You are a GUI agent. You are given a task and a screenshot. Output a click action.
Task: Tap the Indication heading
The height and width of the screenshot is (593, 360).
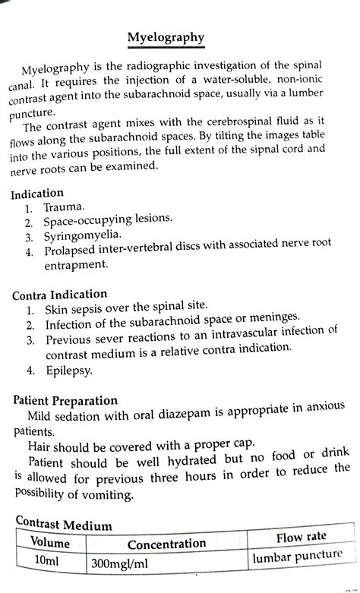pos(37,193)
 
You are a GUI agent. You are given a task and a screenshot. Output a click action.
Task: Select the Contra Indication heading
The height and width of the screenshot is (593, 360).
pos(60,294)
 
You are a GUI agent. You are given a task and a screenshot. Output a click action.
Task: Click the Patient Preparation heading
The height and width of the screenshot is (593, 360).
pos(66,400)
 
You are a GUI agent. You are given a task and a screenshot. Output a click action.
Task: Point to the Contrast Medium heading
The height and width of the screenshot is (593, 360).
pos(65,525)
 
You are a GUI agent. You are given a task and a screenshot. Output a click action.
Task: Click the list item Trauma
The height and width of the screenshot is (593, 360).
pos(65,207)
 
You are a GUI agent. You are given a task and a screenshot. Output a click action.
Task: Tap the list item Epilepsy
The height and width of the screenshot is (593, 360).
pos(69,371)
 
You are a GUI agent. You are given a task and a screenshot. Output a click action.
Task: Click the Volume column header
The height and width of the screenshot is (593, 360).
pos(50,543)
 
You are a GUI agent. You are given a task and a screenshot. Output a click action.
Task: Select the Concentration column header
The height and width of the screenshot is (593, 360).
pos(166,543)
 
